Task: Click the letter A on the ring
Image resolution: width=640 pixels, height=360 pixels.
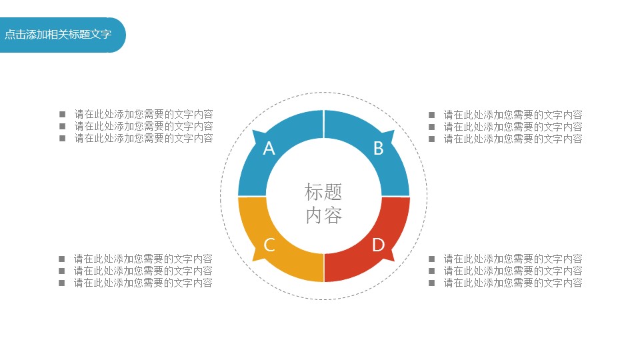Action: (269, 149)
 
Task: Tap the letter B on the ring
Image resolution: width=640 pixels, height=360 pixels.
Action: (379, 149)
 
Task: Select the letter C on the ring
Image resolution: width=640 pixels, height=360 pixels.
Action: (269, 245)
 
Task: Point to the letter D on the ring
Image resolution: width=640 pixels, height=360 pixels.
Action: (379, 245)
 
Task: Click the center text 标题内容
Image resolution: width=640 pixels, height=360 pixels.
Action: (324, 203)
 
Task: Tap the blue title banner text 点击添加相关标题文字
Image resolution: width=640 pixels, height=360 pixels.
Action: (58, 34)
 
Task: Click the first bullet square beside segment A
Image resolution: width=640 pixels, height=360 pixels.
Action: (63, 114)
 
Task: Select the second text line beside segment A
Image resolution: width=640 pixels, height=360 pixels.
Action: (144, 126)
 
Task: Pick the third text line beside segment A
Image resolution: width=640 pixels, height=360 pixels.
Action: (144, 139)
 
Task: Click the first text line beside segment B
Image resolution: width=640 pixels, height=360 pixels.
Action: (513, 115)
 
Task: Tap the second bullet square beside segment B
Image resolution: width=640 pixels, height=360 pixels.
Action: (432, 127)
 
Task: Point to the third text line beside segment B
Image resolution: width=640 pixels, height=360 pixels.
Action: (513, 139)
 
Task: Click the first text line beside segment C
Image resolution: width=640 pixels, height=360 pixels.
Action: (143, 259)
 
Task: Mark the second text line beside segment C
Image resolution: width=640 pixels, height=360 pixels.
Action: (143, 271)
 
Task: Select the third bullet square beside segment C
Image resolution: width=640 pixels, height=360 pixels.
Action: (62, 283)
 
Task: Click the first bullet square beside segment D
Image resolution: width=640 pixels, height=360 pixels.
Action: (432, 259)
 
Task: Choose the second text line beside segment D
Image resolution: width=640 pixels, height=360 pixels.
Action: (513, 271)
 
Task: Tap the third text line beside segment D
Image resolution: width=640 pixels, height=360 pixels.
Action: (513, 283)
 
